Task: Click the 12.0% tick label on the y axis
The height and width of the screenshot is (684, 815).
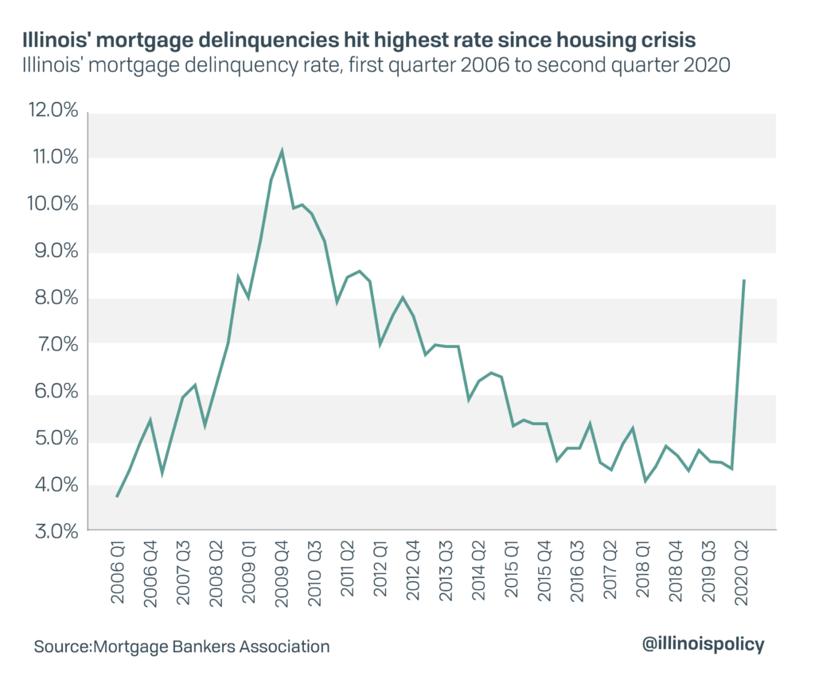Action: (x=52, y=111)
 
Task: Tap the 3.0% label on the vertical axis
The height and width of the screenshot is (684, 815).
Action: (x=53, y=531)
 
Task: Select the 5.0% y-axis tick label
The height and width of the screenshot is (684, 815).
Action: (x=53, y=439)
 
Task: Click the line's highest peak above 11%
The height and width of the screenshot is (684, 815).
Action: (x=282, y=150)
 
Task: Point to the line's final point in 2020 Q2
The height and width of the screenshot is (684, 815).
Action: (x=744, y=280)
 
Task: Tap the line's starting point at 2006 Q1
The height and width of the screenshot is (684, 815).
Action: (x=118, y=497)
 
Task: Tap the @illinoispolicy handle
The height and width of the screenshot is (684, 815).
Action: (x=703, y=645)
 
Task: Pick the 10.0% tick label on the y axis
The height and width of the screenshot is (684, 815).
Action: (x=52, y=205)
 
